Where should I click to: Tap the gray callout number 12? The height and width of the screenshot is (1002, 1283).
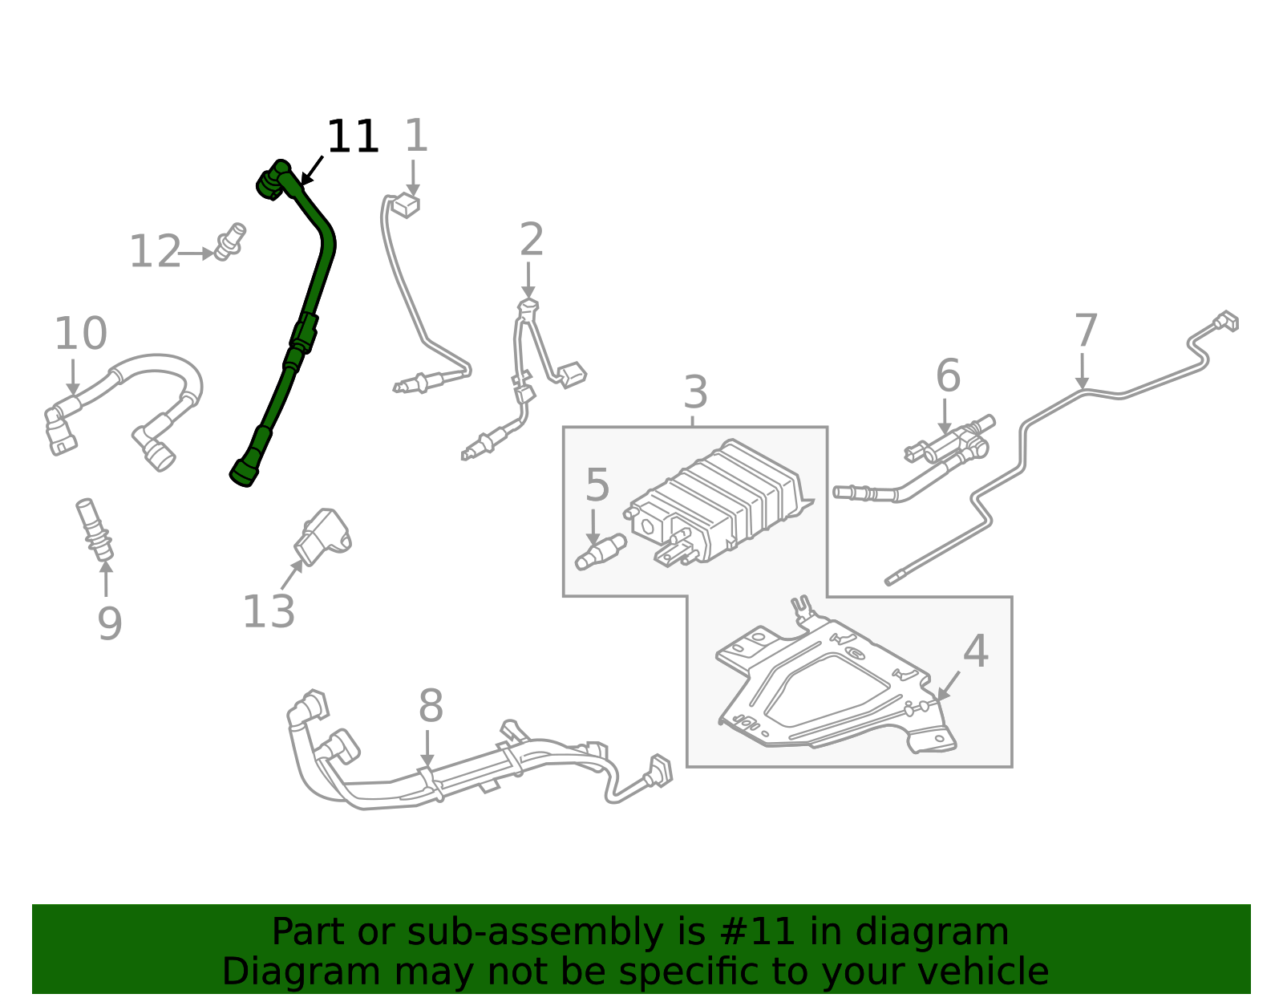155,252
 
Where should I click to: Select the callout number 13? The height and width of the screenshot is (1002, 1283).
269,612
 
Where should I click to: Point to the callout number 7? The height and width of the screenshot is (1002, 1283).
1085,331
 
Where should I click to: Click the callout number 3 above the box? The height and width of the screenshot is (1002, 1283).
695,392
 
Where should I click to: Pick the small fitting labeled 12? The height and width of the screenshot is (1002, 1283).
232,241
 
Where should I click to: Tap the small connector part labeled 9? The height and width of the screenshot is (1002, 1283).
94,529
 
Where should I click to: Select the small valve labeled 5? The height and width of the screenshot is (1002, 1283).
601,552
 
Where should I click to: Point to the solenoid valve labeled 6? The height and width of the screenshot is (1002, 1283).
950,443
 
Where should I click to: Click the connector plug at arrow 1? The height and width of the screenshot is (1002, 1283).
406,205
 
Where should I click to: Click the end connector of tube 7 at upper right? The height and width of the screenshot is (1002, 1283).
1224,322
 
